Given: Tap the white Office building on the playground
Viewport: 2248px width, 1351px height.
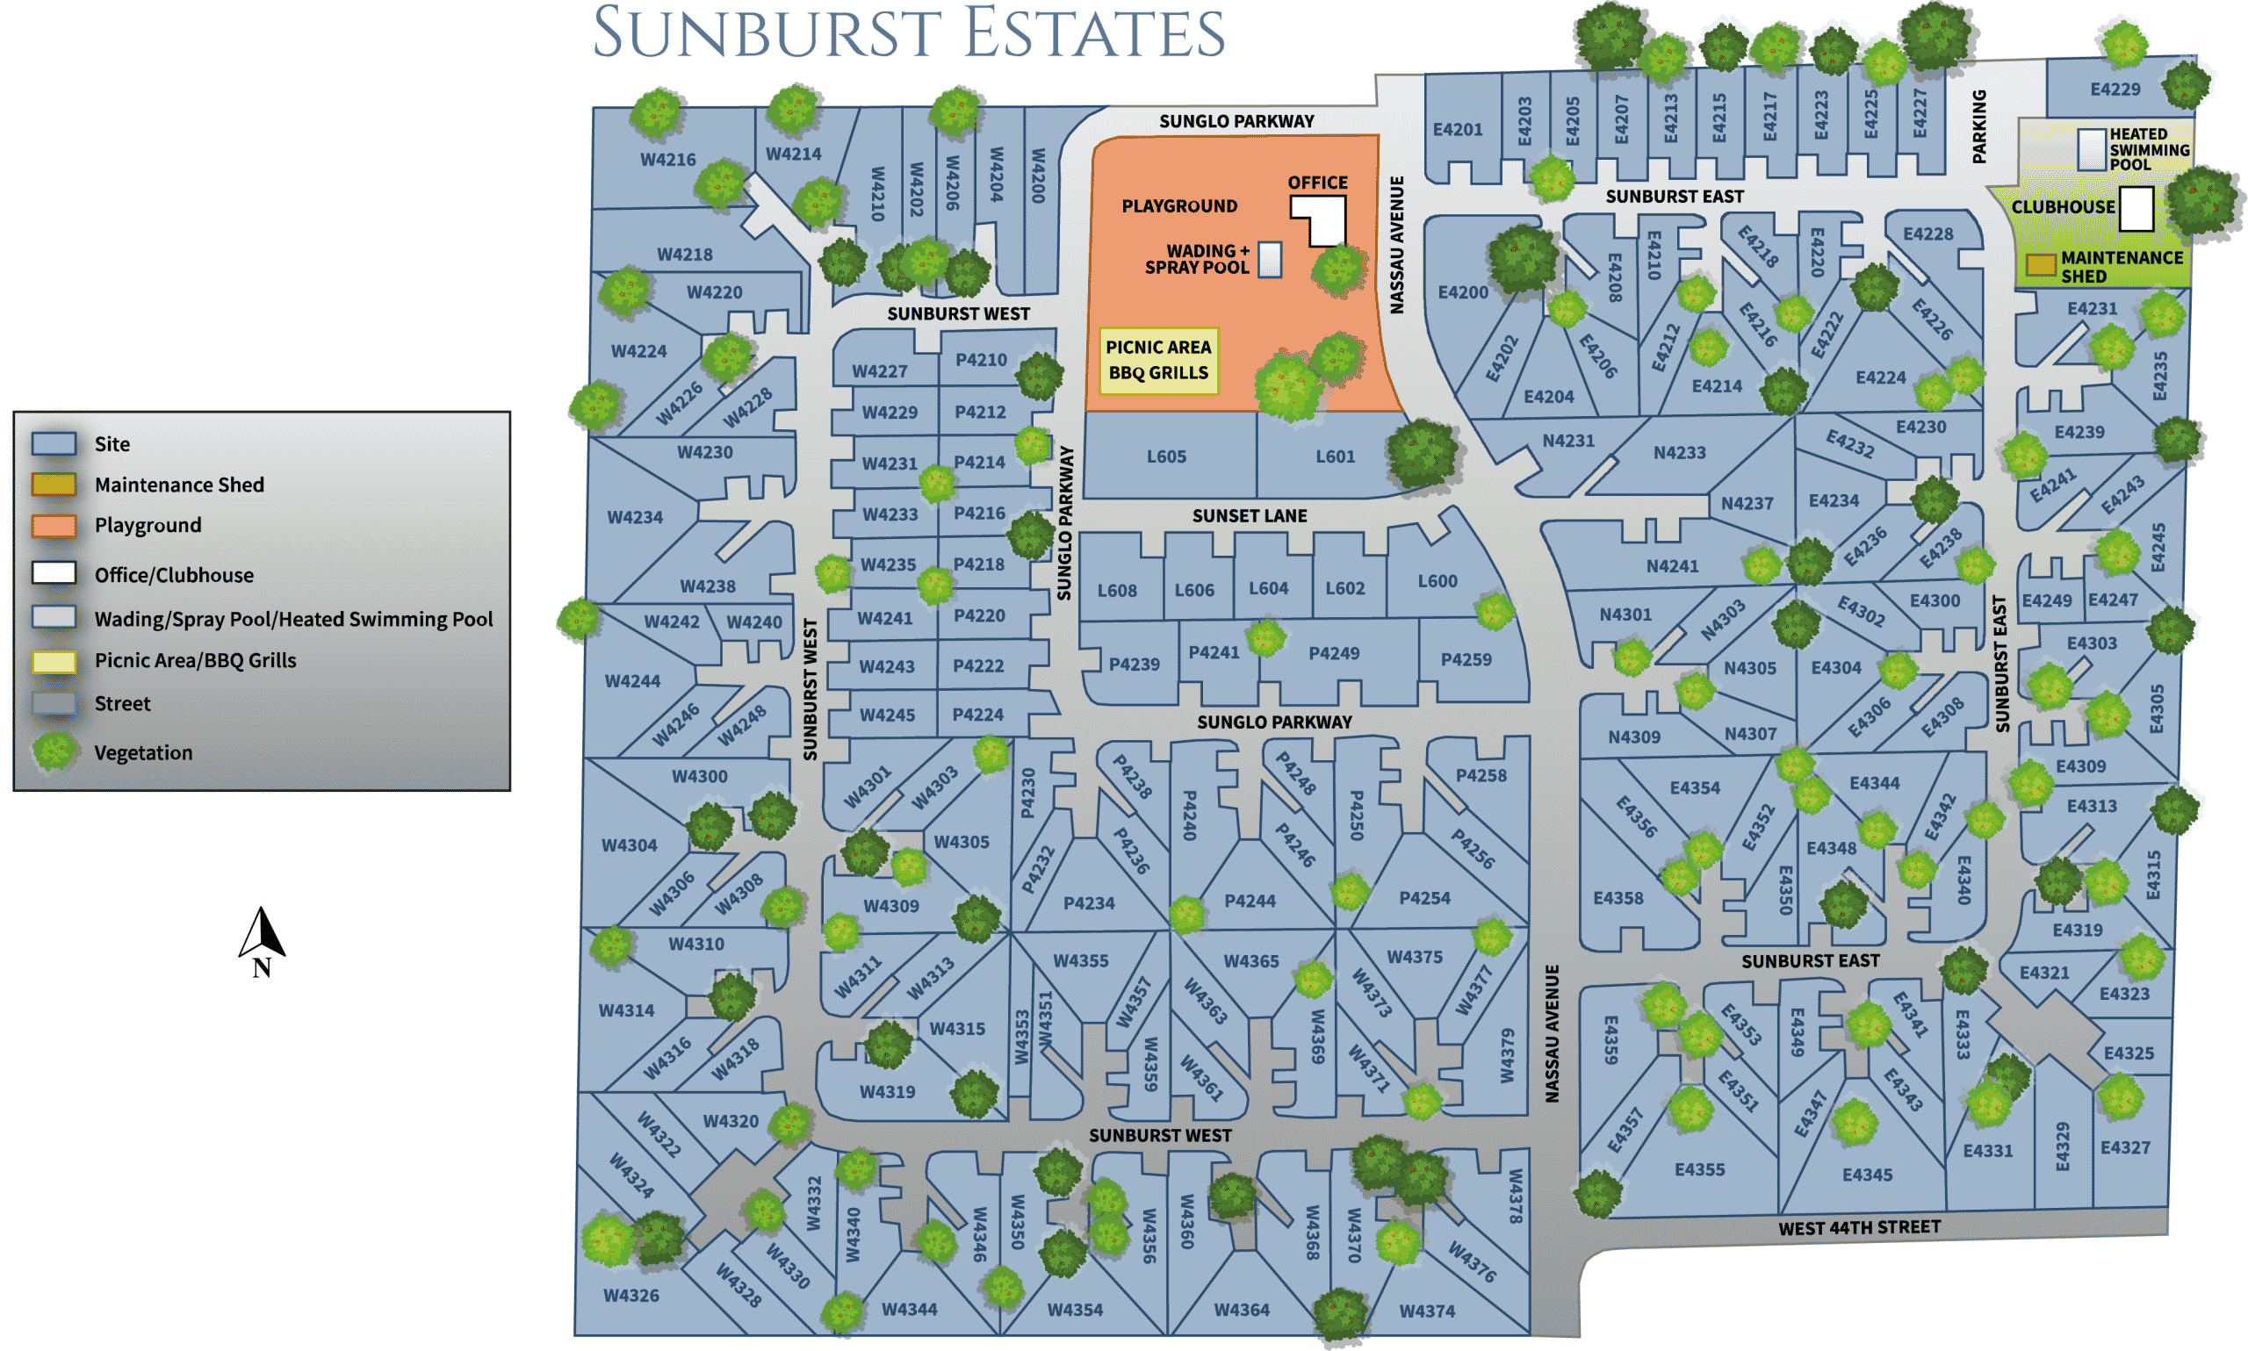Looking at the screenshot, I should point(1324,220).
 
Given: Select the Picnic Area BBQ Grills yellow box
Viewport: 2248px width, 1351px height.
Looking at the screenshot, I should point(1158,361).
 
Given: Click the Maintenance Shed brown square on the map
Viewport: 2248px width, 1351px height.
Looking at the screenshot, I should point(2041,265).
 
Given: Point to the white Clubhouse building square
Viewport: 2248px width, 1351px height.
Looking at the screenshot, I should point(2135,208).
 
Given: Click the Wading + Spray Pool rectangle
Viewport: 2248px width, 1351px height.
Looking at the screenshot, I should point(1270,260).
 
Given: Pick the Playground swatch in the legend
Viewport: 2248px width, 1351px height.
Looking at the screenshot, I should point(54,525).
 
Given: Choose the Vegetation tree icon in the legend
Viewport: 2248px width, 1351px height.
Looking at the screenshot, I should point(54,752).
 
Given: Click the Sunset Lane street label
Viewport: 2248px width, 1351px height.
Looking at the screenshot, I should point(1250,516).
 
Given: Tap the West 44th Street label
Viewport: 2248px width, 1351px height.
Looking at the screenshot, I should point(1859,1227).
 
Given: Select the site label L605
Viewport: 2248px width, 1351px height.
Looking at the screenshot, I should point(1166,457).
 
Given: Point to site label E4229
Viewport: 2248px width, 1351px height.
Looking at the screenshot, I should point(2115,90).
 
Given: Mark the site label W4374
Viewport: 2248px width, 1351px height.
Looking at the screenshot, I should point(1427,1311).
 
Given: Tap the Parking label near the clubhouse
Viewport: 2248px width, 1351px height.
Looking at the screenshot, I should point(1979,126).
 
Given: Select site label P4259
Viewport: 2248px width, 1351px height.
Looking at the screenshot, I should point(1466,660).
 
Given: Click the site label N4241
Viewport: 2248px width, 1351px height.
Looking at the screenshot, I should point(1673,566).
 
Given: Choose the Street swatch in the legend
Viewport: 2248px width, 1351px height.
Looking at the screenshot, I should point(54,704).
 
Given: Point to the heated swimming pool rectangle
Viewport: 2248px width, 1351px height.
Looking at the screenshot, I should point(2092,148).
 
